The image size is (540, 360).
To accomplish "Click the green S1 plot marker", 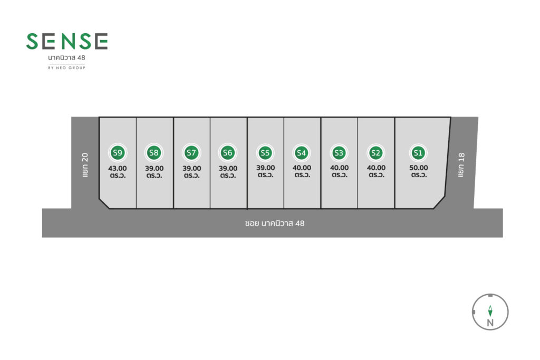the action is point(418,153).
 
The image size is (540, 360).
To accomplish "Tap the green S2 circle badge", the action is point(375,153).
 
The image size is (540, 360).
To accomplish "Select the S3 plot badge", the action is point(339,153).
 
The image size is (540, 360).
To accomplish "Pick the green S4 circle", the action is point(301,153).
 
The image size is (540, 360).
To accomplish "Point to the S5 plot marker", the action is point(265,153).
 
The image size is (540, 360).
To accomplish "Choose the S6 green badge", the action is point(228,152).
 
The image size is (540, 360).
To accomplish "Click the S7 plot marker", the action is point(191,152).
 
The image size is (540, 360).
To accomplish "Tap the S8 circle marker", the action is point(154,152).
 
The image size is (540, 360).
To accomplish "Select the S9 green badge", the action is point(118,152).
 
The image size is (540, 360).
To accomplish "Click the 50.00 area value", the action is point(418,168).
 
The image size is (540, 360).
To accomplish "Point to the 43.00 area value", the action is point(118,168).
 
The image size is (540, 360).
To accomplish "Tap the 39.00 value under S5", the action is point(266,168).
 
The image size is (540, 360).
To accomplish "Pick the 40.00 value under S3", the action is point(339,168).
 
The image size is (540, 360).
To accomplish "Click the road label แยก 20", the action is point(85,165).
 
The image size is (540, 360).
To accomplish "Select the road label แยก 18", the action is point(461,165).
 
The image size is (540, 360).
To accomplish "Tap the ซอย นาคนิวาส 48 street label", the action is point(274,223).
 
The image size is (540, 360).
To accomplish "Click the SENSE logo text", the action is point(67,41).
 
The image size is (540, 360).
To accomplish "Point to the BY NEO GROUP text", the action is point(66,68).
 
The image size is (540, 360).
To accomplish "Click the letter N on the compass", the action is point(490,323).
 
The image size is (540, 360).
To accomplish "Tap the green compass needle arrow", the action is point(490,311).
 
